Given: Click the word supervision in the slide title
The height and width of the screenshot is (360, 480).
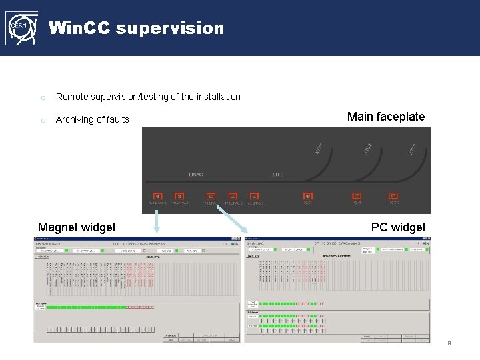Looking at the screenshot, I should (x=170, y=29).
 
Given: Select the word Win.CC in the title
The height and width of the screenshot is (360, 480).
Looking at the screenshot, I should (x=79, y=29).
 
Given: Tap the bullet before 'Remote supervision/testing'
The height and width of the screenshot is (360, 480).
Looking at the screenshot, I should (x=43, y=97).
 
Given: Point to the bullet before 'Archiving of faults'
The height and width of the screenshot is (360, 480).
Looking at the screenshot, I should (x=43, y=120).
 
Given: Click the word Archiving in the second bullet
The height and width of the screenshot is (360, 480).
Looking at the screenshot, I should (x=75, y=119).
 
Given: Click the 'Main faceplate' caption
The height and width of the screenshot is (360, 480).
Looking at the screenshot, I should (x=385, y=117).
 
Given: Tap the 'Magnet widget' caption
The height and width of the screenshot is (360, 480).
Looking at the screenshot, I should (x=77, y=227).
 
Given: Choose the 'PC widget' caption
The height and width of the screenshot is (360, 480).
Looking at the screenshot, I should (x=398, y=227).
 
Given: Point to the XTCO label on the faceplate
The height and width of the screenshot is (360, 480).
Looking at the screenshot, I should (x=277, y=175).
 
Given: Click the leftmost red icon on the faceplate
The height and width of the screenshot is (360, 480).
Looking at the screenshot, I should (x=158, y=196).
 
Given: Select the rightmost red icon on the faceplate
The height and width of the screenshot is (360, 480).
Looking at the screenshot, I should (x=393, y=196).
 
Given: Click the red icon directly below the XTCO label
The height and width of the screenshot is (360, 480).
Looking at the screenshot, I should (x=308, y=196).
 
